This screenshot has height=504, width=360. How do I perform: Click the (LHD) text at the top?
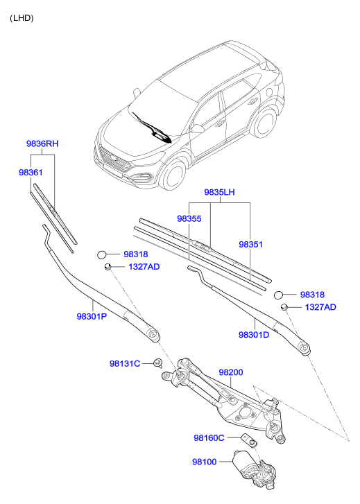tap(22, 18)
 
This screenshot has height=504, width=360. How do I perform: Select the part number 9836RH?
tap(42, 144)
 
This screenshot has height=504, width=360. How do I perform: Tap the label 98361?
tap(31, 173)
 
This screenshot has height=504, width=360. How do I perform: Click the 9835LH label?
tap(219, 192)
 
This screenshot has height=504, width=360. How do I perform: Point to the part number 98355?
tap(189, 218)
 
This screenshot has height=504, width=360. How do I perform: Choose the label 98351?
tap(250, 244)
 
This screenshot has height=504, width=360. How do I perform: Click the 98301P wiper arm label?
tap(92, 317)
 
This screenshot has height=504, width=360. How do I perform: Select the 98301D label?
tap(254, 335)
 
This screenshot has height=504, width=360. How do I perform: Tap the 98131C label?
tap(125, 363)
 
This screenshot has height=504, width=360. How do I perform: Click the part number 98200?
tap(231, 372)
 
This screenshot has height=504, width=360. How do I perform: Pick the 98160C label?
tap(209, 437)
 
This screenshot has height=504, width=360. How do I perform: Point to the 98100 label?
tap(205, 462)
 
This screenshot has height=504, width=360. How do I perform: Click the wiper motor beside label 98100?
tap(254, 469)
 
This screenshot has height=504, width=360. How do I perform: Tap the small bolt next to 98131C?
tap(158, 363)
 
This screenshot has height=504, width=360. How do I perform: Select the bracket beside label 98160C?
tap(249, 440)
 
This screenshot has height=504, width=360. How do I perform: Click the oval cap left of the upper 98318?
tap(102, 254)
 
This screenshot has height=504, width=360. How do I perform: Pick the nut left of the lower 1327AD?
tap(284, 307)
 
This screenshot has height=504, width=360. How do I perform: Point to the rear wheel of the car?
tap(266, 122)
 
